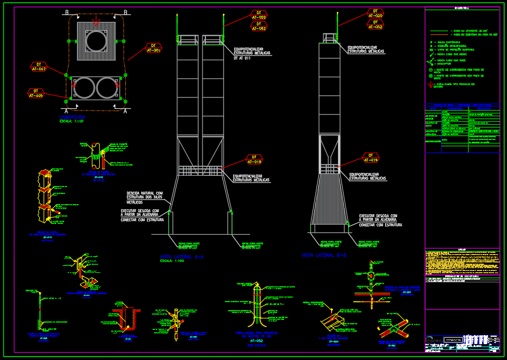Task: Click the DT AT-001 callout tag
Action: click(153, 48)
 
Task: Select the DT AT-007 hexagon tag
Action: click(39, 67)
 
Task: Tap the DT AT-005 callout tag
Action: click(35, 93)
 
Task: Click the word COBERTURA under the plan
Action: click(72, 117)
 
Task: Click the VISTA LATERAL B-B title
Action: click(324, 256)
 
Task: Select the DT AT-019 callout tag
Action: click(370, 158)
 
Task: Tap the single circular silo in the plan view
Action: click(96, 41)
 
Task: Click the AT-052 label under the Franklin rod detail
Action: click(256, 340)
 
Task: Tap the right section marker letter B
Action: click(125, 12)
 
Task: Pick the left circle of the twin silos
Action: click(84, 88)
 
